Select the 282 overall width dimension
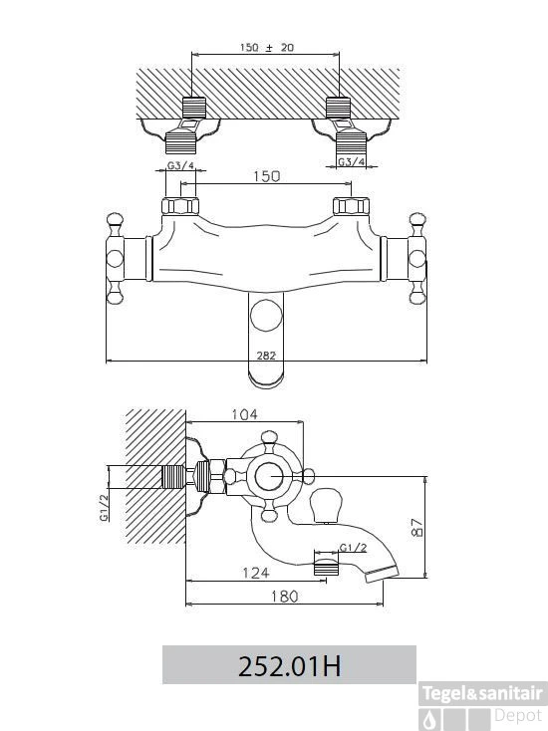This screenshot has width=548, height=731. pos(266,354)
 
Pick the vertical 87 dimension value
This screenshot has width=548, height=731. pos(417,527)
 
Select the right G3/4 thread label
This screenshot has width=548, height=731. pos(351,161)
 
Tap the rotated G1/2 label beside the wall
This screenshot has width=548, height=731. pos(103,508)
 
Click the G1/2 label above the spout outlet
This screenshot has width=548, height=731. pos(353,548)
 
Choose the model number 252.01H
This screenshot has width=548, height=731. pos(289,665)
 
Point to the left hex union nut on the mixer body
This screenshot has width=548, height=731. pos(180,208)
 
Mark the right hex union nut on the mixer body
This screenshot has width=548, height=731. pos(351,208)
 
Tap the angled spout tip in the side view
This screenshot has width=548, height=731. pos(385,574)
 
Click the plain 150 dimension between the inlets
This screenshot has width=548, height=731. pos(265,176)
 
